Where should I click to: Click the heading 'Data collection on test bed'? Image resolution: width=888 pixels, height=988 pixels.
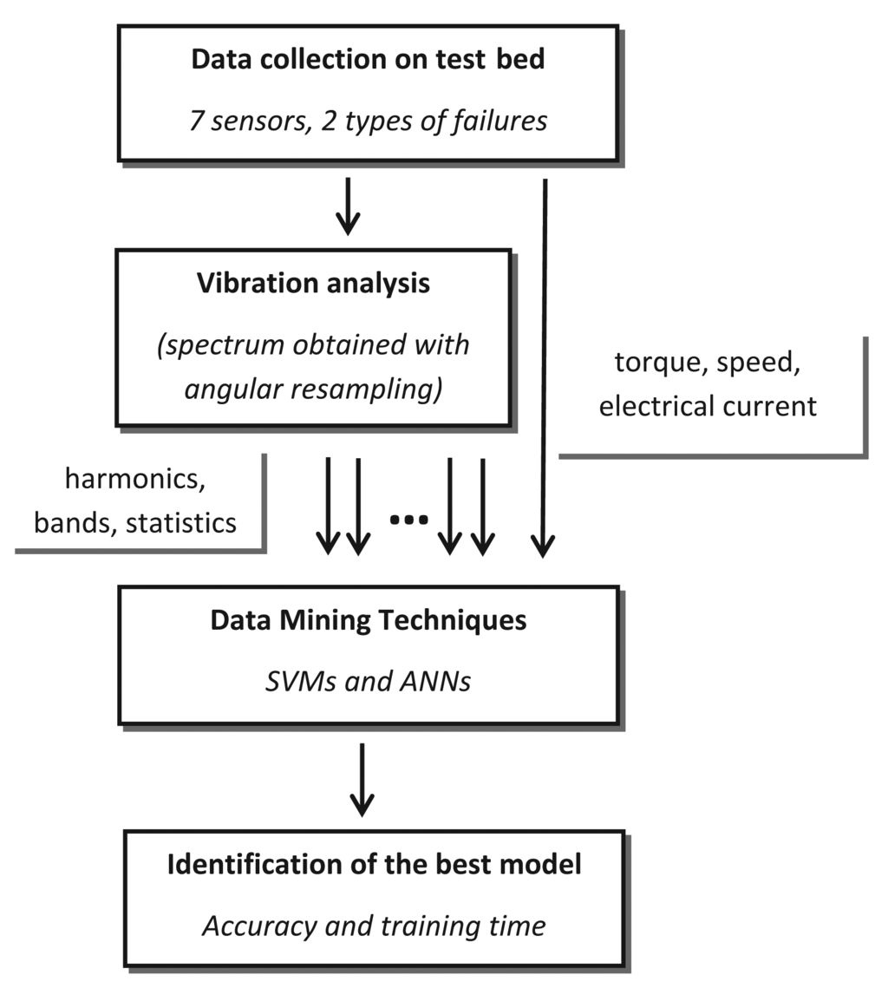tap(368, 61)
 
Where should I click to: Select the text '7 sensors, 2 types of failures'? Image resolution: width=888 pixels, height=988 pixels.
tap(368, 120)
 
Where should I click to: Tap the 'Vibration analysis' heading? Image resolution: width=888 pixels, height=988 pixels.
tap(313, 284)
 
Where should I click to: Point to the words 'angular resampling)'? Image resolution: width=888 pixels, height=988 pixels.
tap(313, 389)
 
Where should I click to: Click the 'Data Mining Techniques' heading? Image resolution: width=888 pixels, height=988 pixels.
tap(368, 621)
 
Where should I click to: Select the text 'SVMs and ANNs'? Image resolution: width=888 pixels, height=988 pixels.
tap(368, 682)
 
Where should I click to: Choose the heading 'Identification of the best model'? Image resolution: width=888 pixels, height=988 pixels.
tap(374, 865)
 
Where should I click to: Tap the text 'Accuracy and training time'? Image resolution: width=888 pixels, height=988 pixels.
tap(374, 926)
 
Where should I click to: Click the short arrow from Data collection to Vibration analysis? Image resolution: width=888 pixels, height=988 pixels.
tap(348, 206)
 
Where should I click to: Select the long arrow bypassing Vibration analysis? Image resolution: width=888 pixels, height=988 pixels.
tap(544, 364)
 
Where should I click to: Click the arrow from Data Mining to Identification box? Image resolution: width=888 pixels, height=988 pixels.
tap(362, 778)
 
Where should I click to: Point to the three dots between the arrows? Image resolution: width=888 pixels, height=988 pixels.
tap(408, 520)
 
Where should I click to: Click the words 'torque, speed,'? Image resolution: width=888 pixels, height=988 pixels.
tap(708, 363)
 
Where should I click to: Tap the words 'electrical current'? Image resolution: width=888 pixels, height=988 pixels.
tap(708, 405)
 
